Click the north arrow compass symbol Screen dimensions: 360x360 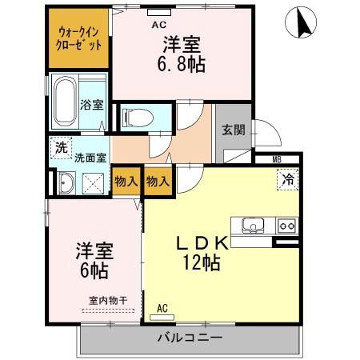pyautogui.click(x=305, y=22)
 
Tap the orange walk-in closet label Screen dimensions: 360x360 pyautogui.click(x=79, y=38)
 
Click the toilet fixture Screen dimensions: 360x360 pyautogui.click(x=141, y=115)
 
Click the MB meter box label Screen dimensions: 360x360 pyautogui.click(x=276, y=160)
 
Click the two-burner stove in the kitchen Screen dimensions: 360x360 pyautogui.click(x=286, y=226)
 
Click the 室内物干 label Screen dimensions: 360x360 pyautogui.click(x=102, y=300)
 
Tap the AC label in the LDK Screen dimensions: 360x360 pyautogui.click(x=162, y=307)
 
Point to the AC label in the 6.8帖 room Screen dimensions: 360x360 pyautogui.click(x=158, y=24)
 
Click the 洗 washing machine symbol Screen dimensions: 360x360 pyautogui.click(x=60, y=147)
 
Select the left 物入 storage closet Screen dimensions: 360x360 pyautogui.click(x=125, y=181)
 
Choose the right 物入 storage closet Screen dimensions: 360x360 pyautogui.click(x=158, y=181)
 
